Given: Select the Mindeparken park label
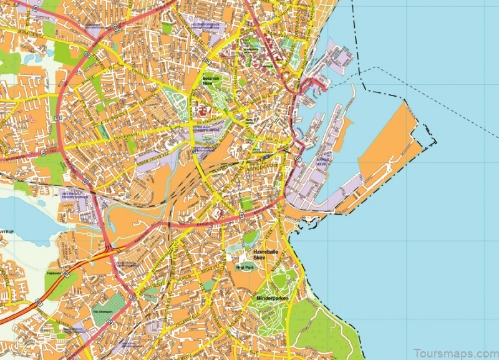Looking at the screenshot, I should pos(271,299).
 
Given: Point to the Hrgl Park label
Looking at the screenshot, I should pos(242,266).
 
